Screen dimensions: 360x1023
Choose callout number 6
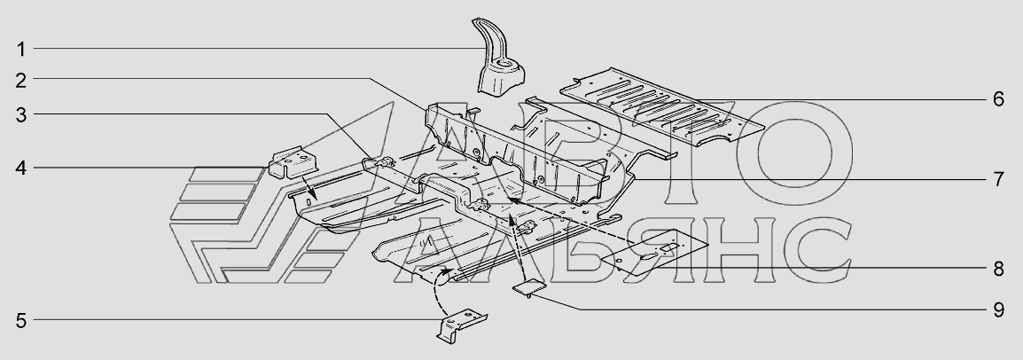point(997,98)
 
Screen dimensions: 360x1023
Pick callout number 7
point(997,180)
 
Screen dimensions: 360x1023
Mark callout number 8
point(997,266)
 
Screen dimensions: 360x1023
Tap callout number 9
point(997,309)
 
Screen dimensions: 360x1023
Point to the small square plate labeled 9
point(530,286)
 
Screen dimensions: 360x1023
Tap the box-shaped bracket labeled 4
point(293,163)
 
